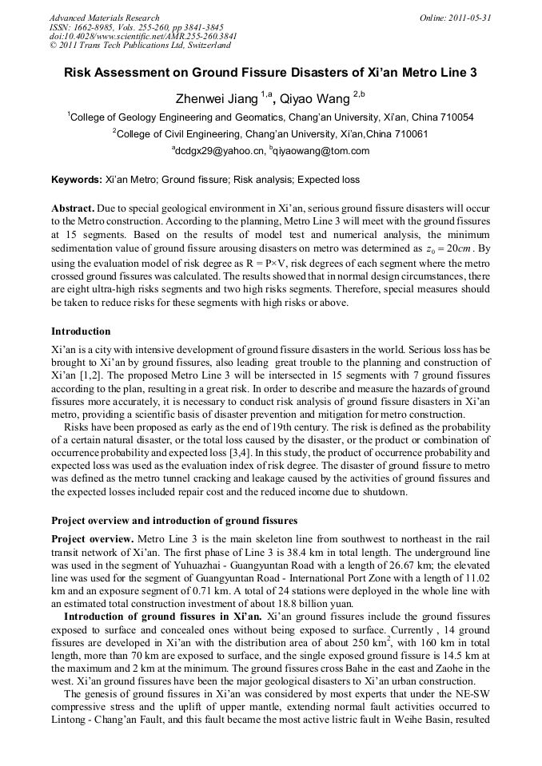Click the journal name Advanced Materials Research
[x=104, y=18]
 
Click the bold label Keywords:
[x=77, y=180]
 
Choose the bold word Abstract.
[x=74, y=207]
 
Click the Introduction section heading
[x=81, y=331]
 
